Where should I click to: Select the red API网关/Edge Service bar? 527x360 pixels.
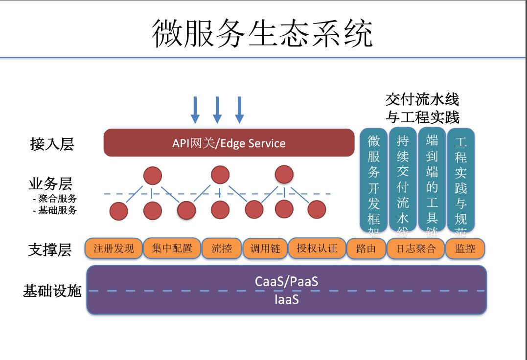coord(229,143)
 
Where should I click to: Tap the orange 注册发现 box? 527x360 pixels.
coord(114,248)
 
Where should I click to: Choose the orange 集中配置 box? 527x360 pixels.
coord(172,248)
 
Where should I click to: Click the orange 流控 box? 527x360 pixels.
coord(222,248)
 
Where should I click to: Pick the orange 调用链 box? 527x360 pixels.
coord(265,248)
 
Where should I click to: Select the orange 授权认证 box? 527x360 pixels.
coord(317,248)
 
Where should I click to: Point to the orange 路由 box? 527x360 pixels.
coord(366,248)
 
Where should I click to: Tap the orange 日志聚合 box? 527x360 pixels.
coord(415,248)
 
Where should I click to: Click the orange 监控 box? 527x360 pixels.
coord(465,248)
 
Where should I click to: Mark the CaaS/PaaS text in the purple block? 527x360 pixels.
coord(286,281)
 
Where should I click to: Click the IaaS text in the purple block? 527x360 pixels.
coord(286,299)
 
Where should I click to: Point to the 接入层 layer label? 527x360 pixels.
coord(52,144)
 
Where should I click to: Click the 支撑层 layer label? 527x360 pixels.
coord(50,249)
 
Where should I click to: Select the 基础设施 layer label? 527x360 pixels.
coord(52,291)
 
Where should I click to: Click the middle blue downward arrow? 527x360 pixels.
coord(217,110)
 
